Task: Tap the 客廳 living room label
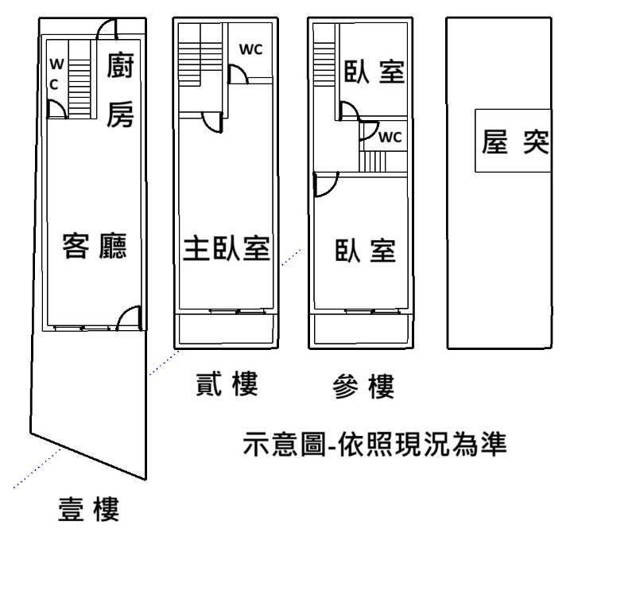[x=95, y=247]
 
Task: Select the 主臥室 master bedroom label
[x=227, y=248]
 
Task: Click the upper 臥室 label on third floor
[x=374, y=72]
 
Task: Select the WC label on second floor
[x=251, y=49]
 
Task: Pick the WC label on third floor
[x=390, y=137]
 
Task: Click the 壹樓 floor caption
[x=89, y=509]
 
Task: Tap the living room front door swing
[x=130, y=318]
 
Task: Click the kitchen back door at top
[x=107, y=29]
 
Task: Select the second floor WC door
[x=237, y=74]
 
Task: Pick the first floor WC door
[x=56, y=110]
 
